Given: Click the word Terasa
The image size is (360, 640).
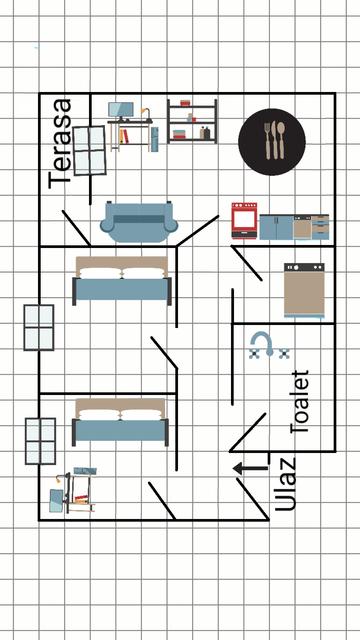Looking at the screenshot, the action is tap(60, 143).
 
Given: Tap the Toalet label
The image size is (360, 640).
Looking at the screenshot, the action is tap(299, 402).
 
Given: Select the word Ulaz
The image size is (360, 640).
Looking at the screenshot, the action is tap(284, 484).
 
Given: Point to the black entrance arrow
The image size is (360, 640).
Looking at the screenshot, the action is tap(251, 469).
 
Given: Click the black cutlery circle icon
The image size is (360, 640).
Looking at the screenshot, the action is tap(272, 142).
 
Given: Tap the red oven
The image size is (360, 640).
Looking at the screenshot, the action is tap(244, 220).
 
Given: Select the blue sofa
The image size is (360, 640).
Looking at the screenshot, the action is tap(139, 222).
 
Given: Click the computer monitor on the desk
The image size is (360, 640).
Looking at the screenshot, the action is tap(121, 111).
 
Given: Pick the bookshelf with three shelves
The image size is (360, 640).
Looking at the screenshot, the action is tap(192, 121).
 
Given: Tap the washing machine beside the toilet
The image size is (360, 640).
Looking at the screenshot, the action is tap(304, 290).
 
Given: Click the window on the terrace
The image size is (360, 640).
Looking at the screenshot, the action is tap(89, 151).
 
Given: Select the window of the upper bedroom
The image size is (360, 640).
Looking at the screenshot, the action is tap(39, 327).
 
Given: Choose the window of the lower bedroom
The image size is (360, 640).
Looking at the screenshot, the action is tap(40, 441).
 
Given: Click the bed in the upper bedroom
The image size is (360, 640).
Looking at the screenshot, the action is tap(122, 281).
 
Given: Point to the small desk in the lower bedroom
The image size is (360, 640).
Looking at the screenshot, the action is tap(73, 490).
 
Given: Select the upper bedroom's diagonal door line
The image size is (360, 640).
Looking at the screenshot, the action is tap(164, 352).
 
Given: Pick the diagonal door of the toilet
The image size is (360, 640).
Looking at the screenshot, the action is tap(248, 433).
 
